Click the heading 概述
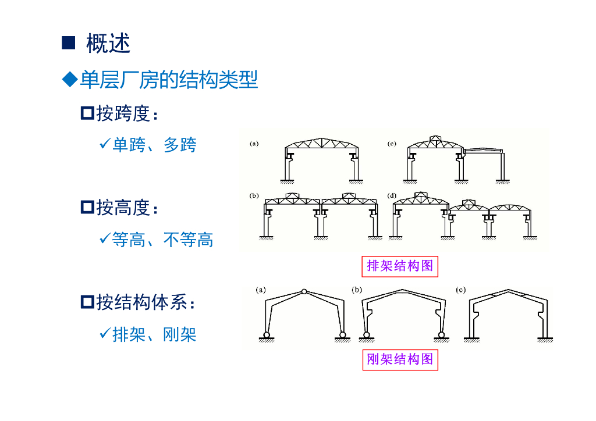pos(108,44)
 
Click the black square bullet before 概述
pos(69,43)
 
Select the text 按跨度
pos(123,113)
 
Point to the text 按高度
pos(123,207)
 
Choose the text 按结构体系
pos(142,302)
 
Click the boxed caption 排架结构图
pos(400,266)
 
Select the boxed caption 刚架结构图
pos(400,359)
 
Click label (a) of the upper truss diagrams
pos(254,143)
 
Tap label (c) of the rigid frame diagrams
pos(461,289)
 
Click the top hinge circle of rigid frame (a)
pos(304,291)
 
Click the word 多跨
pos(180,145)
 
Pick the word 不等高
pos(189,239)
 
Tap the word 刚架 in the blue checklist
pos(180,334)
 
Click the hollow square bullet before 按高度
pos(87,207)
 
